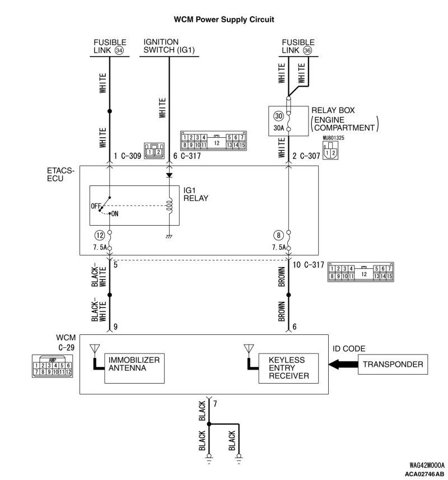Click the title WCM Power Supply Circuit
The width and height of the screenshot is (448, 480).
point(224,20)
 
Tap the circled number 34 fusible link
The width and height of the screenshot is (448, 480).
point(119,50)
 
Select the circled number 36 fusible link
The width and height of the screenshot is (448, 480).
point(307,50)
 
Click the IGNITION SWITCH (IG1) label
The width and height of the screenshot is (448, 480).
point(169,46)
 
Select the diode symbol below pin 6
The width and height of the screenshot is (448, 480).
point(169,175)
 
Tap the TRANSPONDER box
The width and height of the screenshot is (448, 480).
point(393,365)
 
